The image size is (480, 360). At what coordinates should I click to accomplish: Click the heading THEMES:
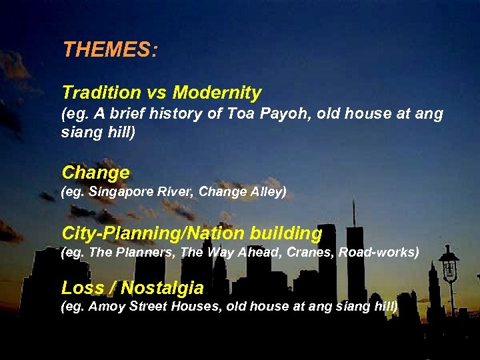110,50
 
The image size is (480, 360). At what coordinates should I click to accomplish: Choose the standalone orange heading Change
95,173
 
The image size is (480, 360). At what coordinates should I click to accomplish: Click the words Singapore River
138,193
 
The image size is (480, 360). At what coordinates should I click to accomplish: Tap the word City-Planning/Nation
154,234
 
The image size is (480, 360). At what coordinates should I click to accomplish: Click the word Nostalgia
162,288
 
